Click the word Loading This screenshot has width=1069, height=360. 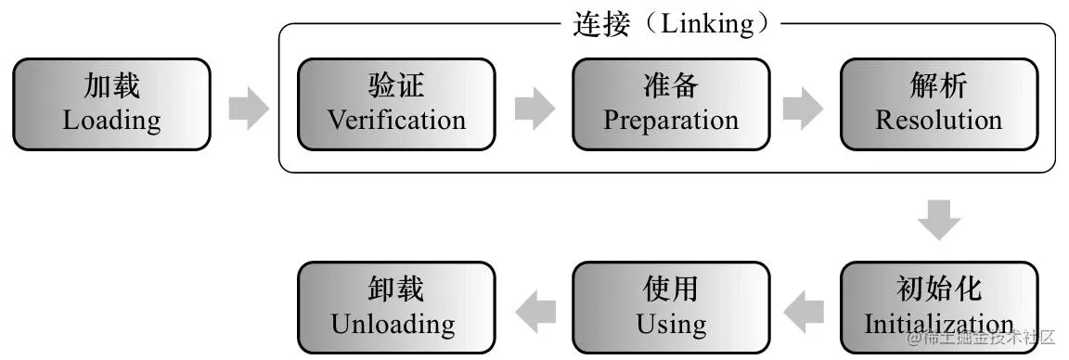tap(111, 121)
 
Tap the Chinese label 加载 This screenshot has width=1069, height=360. tap(111, 87)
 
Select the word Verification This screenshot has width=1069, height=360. tap(396, 121)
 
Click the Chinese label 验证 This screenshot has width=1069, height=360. tap(396, 87)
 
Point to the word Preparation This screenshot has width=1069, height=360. tap(671, 121)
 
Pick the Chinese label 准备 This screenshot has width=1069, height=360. tap(671, 87)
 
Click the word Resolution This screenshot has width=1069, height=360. tap(939, 121)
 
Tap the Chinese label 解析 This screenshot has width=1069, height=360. tap(939, 87)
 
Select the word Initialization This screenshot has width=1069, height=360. tap(939, 325)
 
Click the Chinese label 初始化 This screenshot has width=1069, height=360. tap(939, 289)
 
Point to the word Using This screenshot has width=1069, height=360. tap(671, 325)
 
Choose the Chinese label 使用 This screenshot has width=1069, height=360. tap(671, 289)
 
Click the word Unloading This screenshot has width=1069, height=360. tap(393, 325)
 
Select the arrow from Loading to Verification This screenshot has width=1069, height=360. tap(248, 109)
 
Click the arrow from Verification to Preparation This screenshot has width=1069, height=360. tap(534, 109)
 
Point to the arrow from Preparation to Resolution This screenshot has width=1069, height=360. tap(803, 109)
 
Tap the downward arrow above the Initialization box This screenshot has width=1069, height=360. tap(939, 221)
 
